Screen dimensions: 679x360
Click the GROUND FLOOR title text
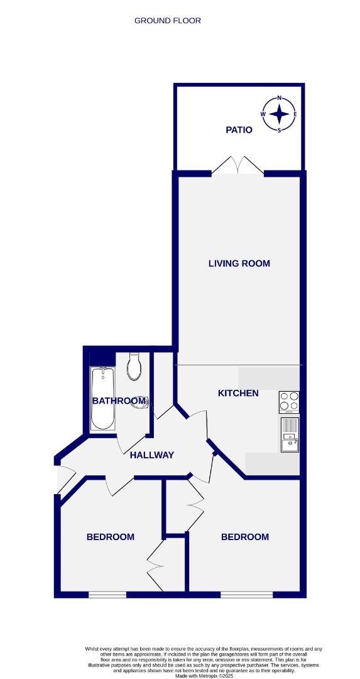168,21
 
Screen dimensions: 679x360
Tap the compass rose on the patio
279,114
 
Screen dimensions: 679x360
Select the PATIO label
239,130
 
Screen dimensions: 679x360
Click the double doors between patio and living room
237,166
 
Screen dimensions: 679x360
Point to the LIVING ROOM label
239,263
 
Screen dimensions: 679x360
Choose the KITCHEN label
238,394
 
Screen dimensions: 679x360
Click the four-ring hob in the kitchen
290,401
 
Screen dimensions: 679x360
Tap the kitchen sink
290,434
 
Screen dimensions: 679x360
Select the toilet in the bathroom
133,367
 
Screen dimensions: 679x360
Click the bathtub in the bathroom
102,399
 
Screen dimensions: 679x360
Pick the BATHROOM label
119,401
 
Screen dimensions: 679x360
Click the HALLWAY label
151,455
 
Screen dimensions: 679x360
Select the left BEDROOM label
111,537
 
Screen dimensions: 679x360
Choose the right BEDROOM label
245,537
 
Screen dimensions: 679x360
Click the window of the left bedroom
107,594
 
